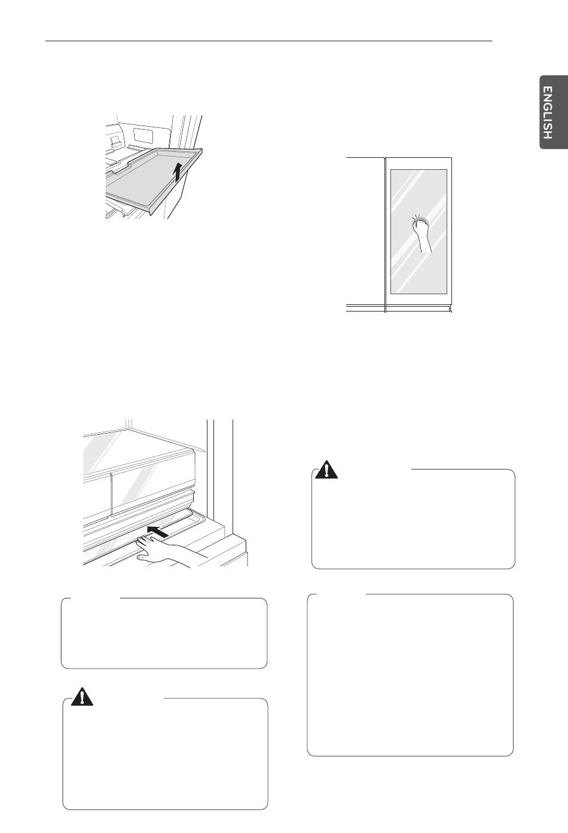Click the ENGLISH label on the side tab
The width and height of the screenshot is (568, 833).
[548, 112]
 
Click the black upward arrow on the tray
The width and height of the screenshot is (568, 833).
[178, 172]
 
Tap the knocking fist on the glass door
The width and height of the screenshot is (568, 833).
[420, 225]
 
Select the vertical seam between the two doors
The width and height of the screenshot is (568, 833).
[385, 234]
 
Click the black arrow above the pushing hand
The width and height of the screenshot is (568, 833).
[158, 532]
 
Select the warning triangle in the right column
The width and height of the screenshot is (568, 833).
[326, 469]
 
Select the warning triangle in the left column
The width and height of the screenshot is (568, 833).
[82, 696]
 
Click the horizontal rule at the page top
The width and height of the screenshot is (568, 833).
[269, 41]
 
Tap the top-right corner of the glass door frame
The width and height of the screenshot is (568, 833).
[451, 158]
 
